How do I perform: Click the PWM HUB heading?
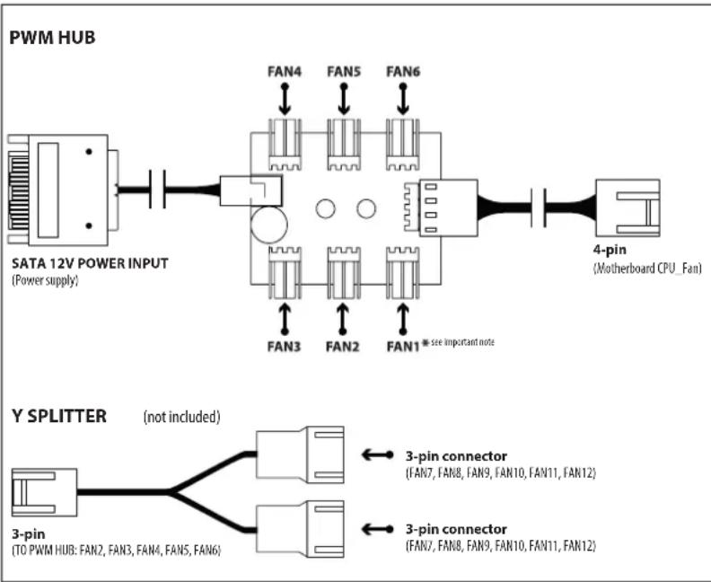pos(52,37)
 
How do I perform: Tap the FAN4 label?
pos(285,72)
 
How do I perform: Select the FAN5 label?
pos(344,72)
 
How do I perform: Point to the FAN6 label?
pos(403,72)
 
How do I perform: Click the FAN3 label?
pos(284,347)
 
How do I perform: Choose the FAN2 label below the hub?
pos(342,347)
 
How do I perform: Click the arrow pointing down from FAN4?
pos(285,99)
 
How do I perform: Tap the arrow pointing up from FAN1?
pos(403,320)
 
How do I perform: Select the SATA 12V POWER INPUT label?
pos(90,263)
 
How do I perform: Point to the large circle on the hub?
pos(269,225)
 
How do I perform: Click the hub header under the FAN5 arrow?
pos(344,145)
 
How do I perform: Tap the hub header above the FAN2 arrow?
pos(344,273)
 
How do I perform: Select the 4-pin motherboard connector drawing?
pos(628,207)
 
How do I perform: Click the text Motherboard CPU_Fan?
pos(647,268)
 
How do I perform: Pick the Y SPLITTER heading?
pos(59,416)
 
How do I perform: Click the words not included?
pos(182,417)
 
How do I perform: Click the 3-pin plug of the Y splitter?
pos(45,493)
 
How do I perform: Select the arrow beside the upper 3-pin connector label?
pos(377,454)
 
